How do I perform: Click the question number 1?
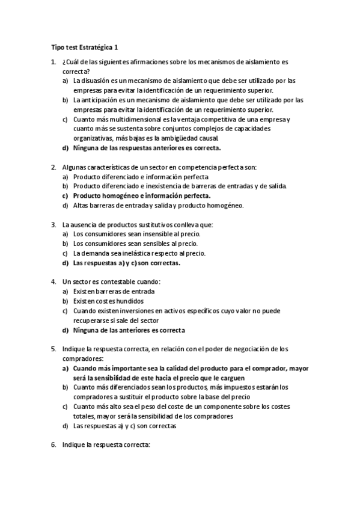coord(53,62)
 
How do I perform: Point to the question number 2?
coord(53,167)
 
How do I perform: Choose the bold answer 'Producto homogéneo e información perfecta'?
coord(142,195)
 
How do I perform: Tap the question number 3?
coord(53,224)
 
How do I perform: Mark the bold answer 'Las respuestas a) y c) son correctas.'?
coord(127,263)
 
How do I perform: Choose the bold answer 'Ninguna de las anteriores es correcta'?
coord(129,330)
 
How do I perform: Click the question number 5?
coord(53,349)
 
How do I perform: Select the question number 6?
coord(53,445)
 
